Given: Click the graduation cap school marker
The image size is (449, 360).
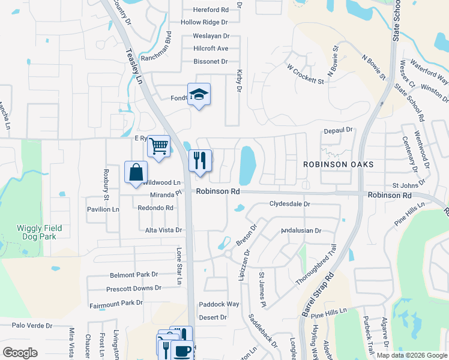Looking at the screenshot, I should coord(199,95).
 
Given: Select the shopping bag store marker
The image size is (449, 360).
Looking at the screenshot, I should coord(136,172).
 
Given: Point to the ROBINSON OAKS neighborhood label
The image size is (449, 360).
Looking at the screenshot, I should coord(338,164).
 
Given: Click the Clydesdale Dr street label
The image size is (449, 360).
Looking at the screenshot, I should coord(289,204).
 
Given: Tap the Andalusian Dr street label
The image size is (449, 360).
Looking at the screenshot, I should coord(301,230).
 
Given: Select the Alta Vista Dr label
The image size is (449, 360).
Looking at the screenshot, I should coord(163,230).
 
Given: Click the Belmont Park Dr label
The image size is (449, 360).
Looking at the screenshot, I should coord(134,275).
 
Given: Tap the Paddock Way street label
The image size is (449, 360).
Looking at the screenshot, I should coord(219,304).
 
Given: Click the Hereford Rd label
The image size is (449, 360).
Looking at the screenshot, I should coord(211,10).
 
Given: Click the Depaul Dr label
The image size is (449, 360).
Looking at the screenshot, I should coord(340,130).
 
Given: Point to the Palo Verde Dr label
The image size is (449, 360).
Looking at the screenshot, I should coord(32,326).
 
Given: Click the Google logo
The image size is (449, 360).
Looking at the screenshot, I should coord(20,353).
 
